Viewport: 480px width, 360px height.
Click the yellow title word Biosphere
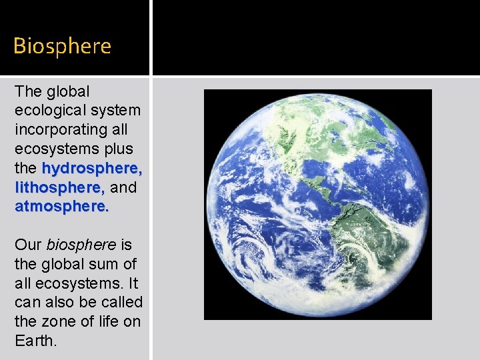point(62,46)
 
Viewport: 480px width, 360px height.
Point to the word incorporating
point(71,129)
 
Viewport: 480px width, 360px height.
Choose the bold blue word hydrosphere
point(92,168)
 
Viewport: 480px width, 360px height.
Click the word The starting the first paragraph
point(28,91)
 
